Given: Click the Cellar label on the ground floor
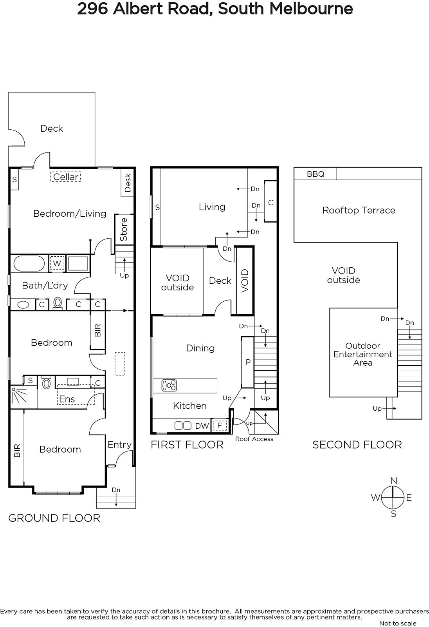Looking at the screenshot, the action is coord(66,177).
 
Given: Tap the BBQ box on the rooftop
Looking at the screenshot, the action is coord(315,174).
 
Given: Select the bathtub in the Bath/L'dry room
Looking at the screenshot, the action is coord(29,263).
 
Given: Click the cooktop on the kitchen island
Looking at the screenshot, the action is coord(169,385).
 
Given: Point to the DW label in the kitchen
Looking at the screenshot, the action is coord(202,426).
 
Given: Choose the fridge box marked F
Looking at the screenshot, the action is coord(220,426).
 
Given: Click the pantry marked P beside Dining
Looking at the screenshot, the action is coord(248,362).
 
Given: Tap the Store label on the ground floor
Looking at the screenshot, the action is coord(124,230).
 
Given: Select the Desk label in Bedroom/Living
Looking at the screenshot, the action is coord(128,183).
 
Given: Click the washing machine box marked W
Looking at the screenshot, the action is coord(57,263).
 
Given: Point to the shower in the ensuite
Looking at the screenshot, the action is coord(24,397).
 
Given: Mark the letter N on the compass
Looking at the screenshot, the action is coord(393,481).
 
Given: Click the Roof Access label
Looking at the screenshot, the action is coord(254,439).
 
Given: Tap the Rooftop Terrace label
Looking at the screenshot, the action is coord(359,210).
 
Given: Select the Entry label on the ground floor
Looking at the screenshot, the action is coord(120,444).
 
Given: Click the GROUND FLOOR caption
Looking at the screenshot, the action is coord(54,518).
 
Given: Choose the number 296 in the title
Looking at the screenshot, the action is coord(92,9).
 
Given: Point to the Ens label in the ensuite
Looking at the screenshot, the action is coord(67,399).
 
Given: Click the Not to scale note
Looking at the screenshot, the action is coord(398,623).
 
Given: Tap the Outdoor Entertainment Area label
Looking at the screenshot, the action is coord(363,354).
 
